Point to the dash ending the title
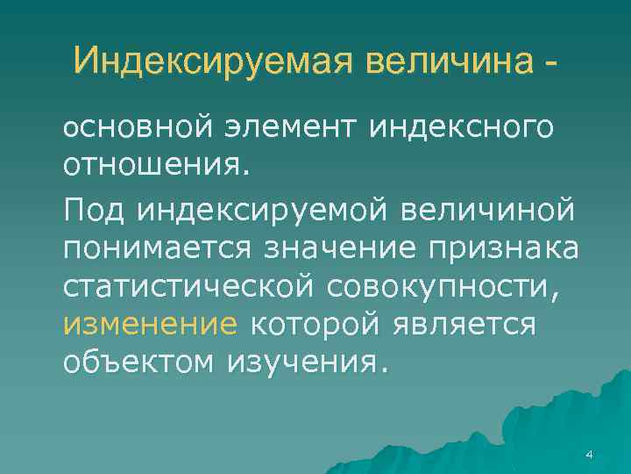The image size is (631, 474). point(549,63)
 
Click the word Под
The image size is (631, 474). point(94,211)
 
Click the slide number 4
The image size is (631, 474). point(588,454)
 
